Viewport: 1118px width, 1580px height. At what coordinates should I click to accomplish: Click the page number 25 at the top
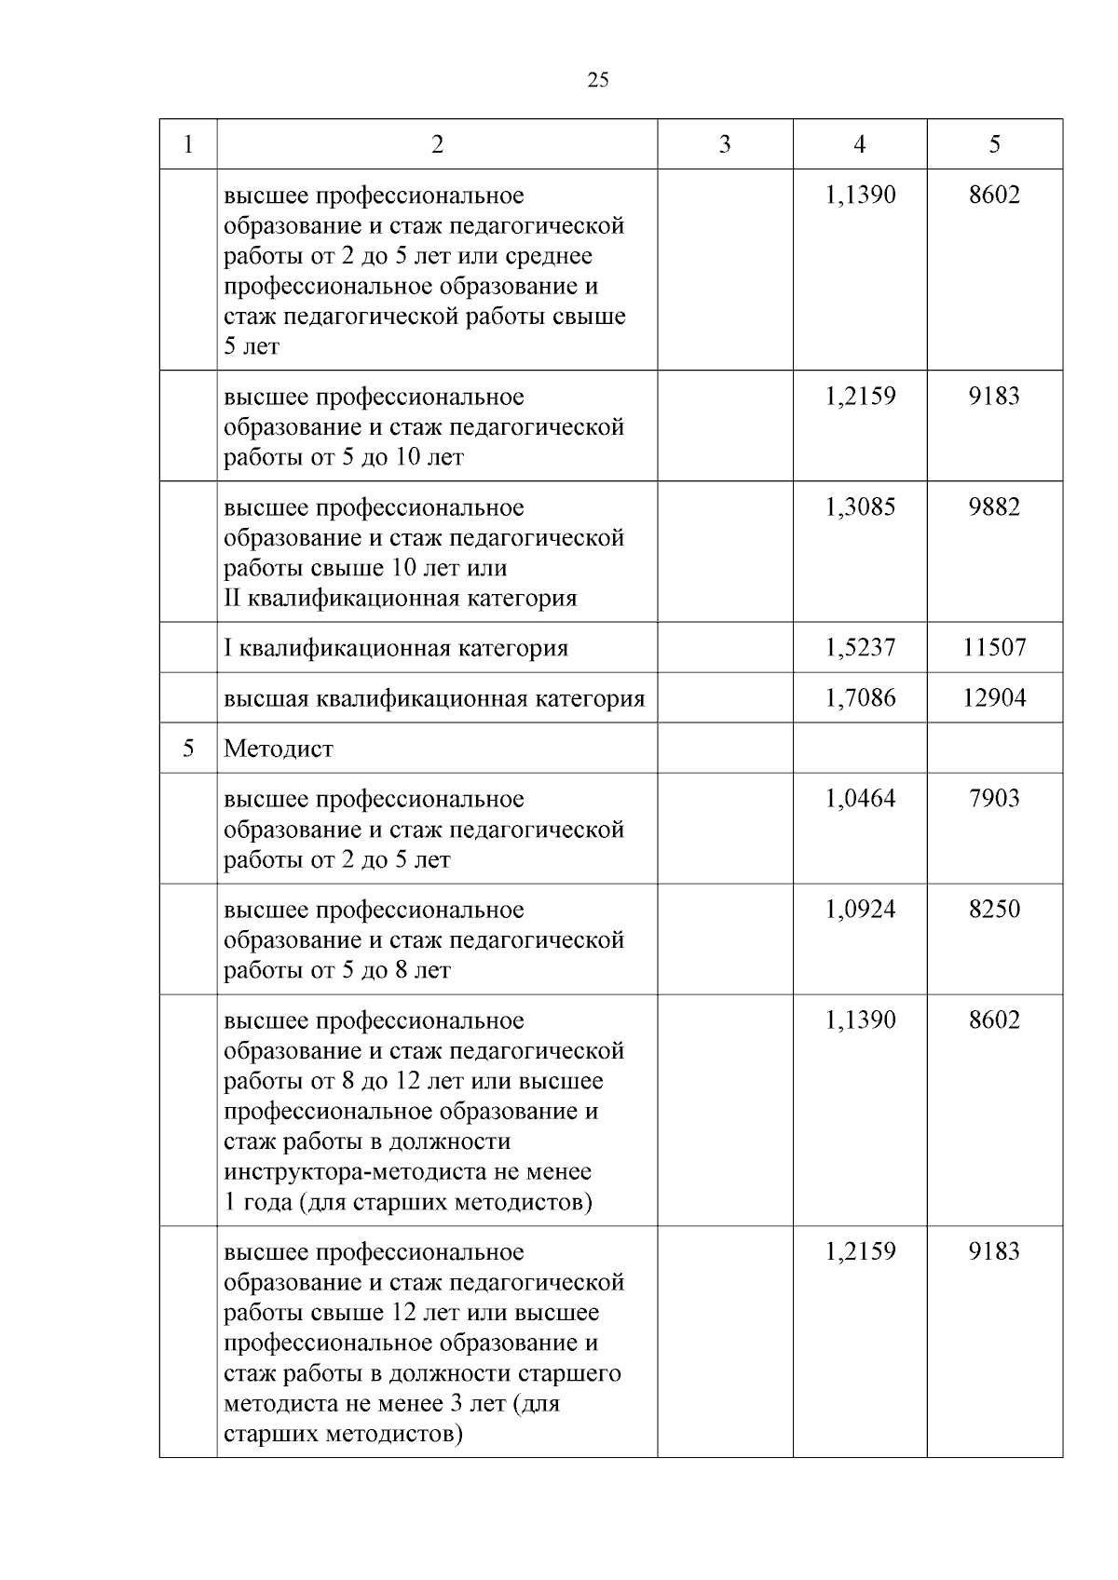(598, 80)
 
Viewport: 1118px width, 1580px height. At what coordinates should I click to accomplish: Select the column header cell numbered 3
(725, 144)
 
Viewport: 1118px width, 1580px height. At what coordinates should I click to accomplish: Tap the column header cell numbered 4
(859, 144)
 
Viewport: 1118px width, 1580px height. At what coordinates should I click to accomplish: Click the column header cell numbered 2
(437, 144)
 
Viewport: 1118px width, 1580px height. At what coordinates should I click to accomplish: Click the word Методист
(279, 749)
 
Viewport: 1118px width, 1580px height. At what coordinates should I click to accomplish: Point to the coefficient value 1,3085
(859, 507)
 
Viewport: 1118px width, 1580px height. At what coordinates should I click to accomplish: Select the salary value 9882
(994, 507)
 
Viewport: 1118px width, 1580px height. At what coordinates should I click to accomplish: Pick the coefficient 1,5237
(859, 648)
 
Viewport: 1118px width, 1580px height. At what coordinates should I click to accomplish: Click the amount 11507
(994, 648)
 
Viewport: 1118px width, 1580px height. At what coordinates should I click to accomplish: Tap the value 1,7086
(859, 698)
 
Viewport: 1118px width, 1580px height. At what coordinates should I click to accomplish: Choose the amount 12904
(994, 698)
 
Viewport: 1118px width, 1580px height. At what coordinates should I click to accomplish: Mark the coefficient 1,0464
(859, 799)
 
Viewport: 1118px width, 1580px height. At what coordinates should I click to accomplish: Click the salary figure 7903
(994, 799)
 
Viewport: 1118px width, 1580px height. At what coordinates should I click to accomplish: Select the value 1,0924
(859, 910)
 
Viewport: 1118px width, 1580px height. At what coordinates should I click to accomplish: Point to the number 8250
(994, 910)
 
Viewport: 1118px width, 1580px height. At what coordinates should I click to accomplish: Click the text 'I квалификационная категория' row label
(396, 649)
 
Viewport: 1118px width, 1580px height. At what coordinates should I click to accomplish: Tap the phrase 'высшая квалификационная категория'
(434, 699)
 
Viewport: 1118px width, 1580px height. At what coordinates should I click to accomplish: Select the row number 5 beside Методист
(188, 749)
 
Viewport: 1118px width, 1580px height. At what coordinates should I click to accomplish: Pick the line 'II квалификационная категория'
(401, 599)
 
